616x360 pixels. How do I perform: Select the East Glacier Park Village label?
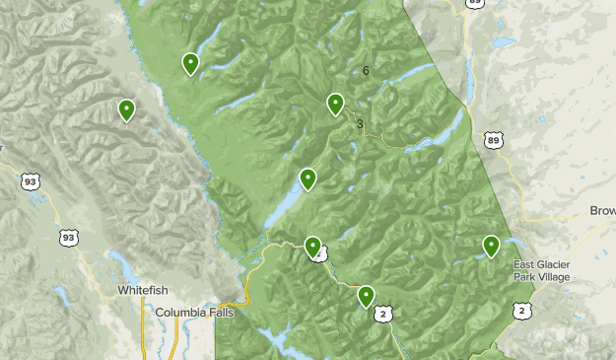(550, 271)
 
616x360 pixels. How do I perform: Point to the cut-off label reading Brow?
(602, 211)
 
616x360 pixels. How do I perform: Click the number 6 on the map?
(366, 71)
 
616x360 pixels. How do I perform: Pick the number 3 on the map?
(360, 124)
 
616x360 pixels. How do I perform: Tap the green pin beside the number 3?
(335, 103)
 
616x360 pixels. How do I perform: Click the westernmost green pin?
(126, 109)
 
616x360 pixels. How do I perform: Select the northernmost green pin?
(190, 63)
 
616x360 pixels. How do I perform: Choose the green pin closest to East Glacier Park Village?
(491, 246)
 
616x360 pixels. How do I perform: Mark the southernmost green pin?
(366, 295)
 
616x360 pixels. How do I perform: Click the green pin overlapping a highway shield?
(312, 247)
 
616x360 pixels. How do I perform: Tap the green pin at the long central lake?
(308, 179)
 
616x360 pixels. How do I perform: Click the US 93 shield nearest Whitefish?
(67, 238)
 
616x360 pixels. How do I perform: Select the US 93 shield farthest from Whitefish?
(31, 181)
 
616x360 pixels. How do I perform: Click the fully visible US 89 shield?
(493, 141)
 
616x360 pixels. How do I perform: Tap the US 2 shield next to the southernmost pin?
(384, 313)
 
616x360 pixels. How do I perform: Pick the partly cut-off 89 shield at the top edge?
(476, 3)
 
